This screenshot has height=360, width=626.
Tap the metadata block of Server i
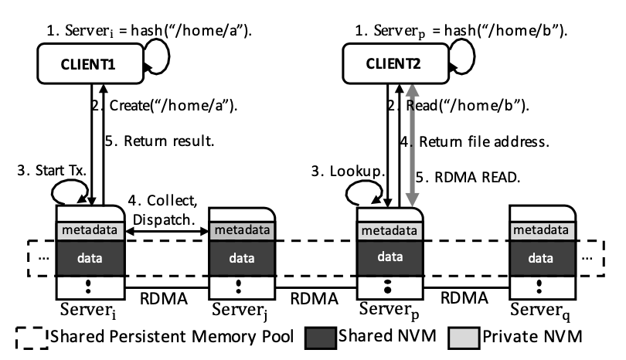90,231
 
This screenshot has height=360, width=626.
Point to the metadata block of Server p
391,231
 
